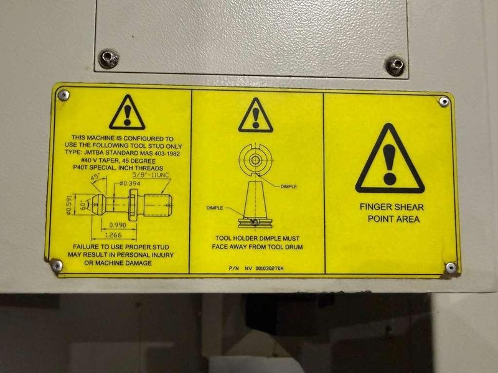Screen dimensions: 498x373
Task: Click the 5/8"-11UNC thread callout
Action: (x=151, y=175)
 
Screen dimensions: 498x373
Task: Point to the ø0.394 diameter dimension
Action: (x=129, y=183)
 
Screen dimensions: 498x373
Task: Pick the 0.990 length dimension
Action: (x=118, y=225)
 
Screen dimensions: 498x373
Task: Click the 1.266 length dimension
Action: (x=113, y=235)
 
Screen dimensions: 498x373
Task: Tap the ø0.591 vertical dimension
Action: (x=70, y=205)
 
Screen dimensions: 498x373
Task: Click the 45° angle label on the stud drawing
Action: (x=95, y=177)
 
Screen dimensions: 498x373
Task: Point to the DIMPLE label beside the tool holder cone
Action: (x=215, y=208)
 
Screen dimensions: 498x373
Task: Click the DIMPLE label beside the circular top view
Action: (x=289, y=186)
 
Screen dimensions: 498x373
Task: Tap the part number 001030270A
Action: (x=270, y=269)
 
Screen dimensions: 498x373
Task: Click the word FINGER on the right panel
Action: (x=376, y=207)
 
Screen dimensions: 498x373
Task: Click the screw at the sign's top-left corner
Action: (x=63, y=95)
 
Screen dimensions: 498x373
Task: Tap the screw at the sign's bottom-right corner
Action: (x=451, y=268)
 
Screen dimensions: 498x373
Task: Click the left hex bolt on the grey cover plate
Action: (x=108, y=58)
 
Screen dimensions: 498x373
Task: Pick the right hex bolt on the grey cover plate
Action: (x=395, y=66)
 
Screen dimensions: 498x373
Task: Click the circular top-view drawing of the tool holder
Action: (x=255, y=160)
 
